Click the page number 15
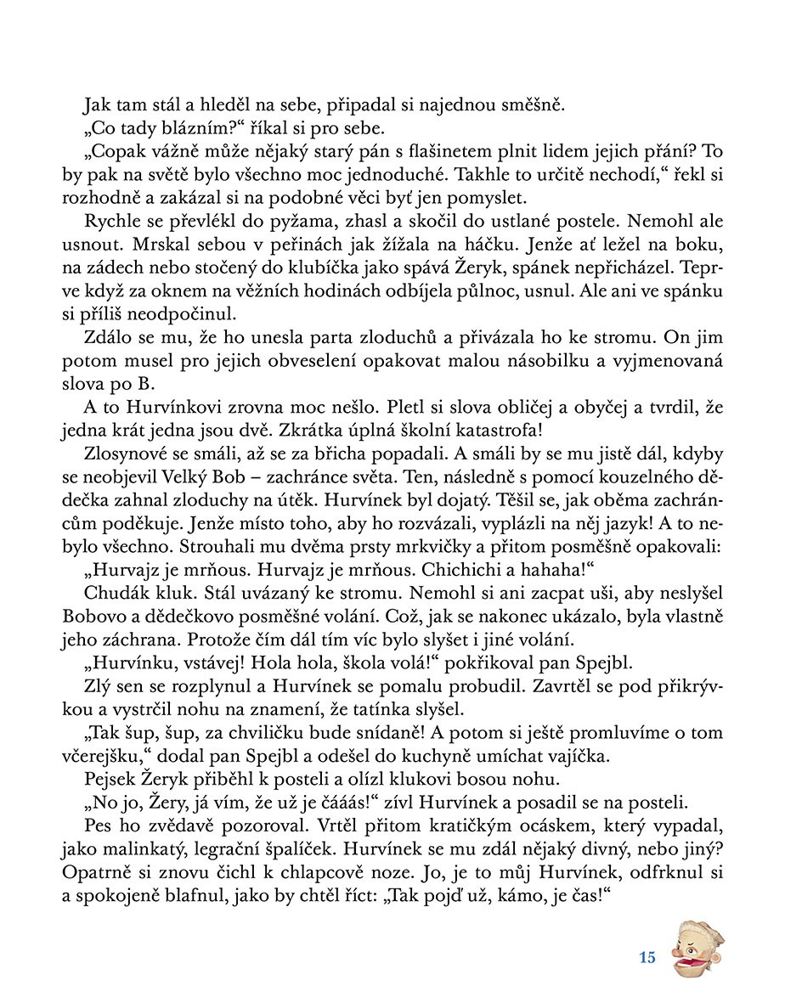(647, 958)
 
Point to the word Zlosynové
(126, 454)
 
